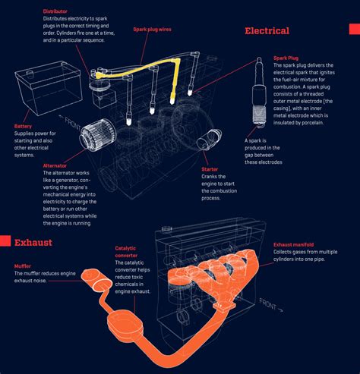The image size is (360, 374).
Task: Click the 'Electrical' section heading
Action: [267, 31]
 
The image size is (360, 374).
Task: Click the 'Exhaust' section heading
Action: [33, 243]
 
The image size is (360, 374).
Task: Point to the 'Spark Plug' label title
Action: [289, 58]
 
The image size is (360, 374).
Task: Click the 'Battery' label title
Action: [24, 126]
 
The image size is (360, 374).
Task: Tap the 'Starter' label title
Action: [210, 169]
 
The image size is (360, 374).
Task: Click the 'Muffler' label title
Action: [23, 266]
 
